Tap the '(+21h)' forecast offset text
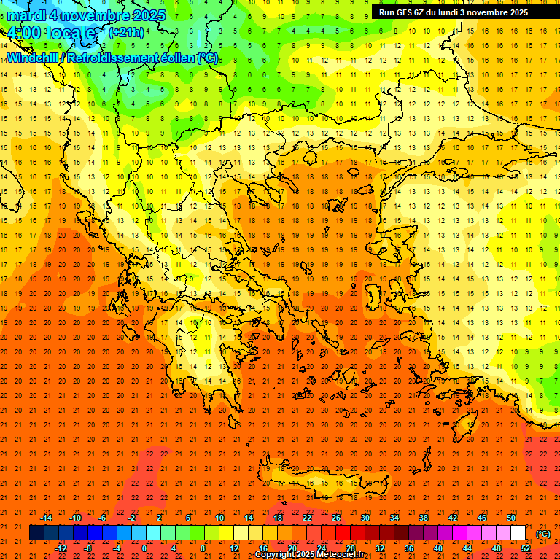tap(126, 32)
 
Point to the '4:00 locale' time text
tap(51, 33)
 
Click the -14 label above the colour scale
tap(46, 517)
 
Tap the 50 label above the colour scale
tap(511, 517)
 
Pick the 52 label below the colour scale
tap(526, 548)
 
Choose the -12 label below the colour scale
tap(61, 548)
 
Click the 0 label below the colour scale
tap(144, 548)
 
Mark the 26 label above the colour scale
tap(336, 517)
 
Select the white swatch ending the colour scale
tap(518, 533)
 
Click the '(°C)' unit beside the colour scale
tap(543, 533)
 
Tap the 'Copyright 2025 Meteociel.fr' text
tap(309, 555)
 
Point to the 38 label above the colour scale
tap(424, 517)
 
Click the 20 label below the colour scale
tap(292, 548)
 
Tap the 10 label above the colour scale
tap(219, 517)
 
